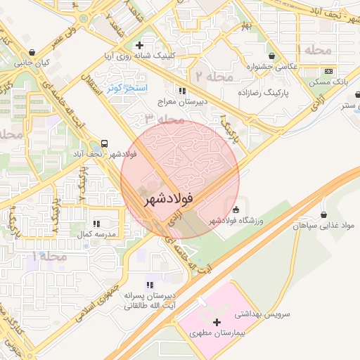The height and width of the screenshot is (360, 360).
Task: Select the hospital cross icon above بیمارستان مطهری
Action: (217, 322)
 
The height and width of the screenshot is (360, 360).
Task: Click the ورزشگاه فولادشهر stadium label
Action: (236, 221)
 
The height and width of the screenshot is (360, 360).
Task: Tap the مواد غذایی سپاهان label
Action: (325, 226)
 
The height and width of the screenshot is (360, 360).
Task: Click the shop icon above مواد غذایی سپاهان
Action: (323, 215)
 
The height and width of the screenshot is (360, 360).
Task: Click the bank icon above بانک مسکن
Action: (328, 72)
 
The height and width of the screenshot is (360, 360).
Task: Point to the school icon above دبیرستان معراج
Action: (182, 91)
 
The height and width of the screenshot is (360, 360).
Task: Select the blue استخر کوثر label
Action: (127, 89)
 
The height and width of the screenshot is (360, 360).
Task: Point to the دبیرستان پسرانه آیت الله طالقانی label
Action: (149, 301)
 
